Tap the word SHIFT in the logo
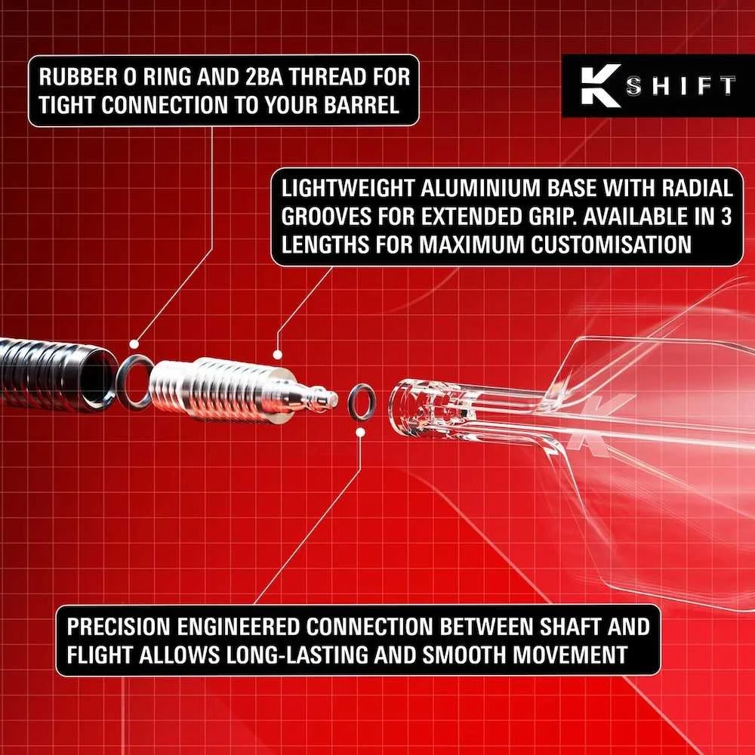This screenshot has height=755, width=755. (x=680, y=86)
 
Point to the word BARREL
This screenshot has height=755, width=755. (x=362, y=105)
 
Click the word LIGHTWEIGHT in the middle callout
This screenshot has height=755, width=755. (x=347, y=188)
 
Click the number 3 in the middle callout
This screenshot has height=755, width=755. (x=726, y=216)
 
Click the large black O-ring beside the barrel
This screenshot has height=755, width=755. (x=119, y=383)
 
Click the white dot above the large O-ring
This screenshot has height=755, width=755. (x=134, y=344)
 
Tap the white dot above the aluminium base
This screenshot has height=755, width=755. (x=277, y=355)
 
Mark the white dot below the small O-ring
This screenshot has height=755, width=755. (x=360, y=433)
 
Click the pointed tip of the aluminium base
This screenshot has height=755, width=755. (x=336, y=398)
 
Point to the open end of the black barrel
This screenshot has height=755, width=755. (x=99, y=377)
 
